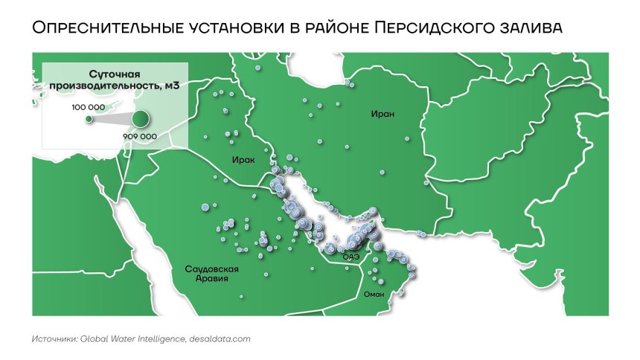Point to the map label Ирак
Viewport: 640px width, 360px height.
click(x=243, y=160)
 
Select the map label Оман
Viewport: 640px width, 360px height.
click(x=373, y=294)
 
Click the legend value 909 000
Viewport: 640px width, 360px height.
click(x=139, y=137)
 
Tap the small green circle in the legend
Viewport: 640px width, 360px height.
click(x=89, y=118)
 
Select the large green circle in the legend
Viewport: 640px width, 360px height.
click(x=140, y=118)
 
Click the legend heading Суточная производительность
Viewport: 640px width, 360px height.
click(x=115, y=80)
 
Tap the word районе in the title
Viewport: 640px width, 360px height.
click(x=336, y=28)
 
